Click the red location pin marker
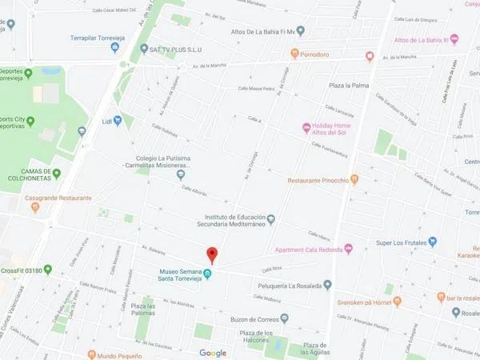[x=212, y=255]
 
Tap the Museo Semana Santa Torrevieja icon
[x=208, y=275]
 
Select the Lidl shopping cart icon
[x=118, y=121]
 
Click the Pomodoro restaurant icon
[x=294, y=55]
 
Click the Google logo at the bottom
[x=213, y=353]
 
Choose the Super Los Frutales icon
[x=432, y=242]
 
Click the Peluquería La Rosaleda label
[x=294, y=285]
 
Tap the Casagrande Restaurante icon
[x=35, y=208]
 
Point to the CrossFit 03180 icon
[x=47, y=270]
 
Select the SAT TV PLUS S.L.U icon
[x=144, y=49]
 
